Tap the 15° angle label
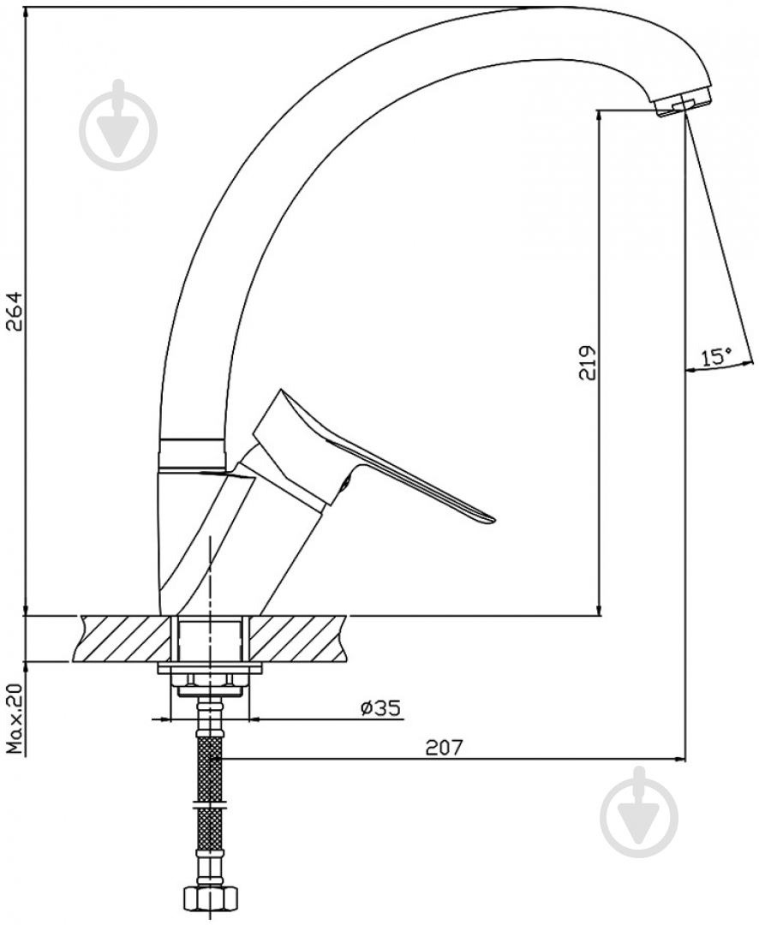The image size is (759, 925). (716, 355)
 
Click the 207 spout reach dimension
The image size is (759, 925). (445, 748)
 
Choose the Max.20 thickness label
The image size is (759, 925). (14, 719)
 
